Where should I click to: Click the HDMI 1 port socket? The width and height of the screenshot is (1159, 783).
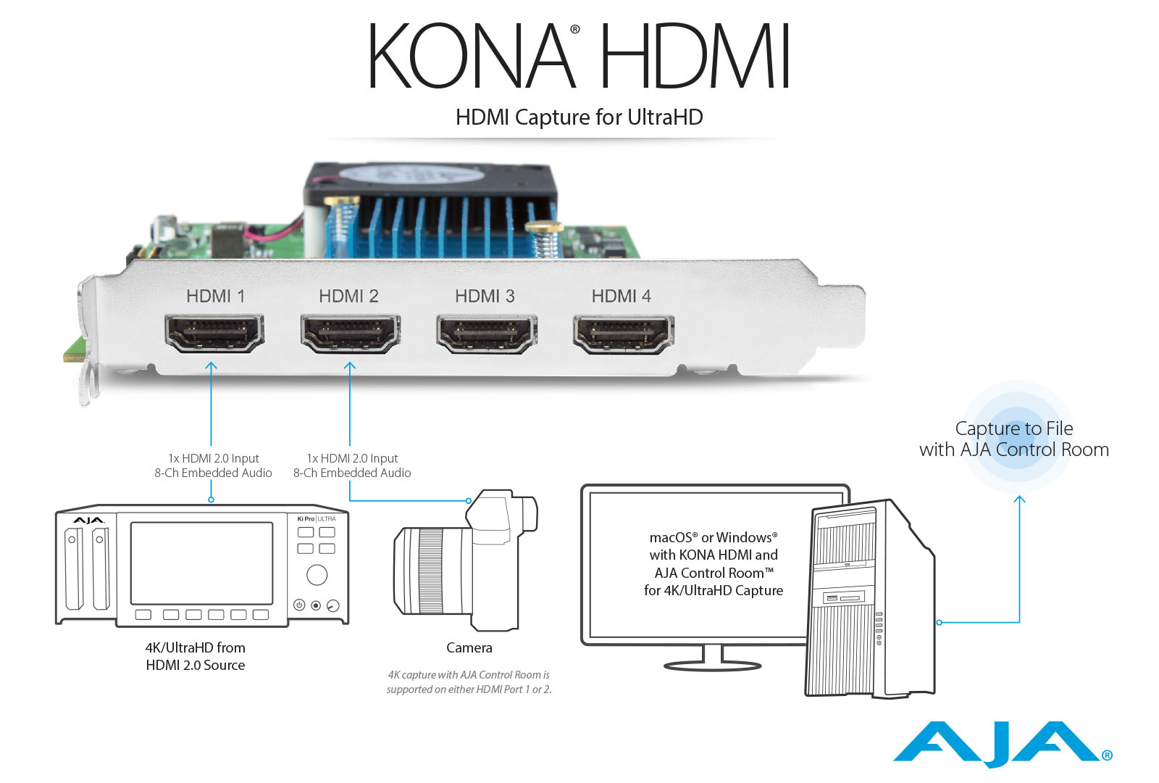point(214,333)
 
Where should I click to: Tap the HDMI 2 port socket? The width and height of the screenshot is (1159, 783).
point(351,333)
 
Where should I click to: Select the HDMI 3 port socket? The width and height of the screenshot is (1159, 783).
point(487,333)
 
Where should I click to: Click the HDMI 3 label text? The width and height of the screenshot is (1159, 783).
point(485,296)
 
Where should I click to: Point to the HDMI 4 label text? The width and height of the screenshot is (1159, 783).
point(621,296)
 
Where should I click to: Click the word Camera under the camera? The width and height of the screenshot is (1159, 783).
point(469,647)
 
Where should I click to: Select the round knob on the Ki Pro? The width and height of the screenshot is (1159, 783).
point(317,575)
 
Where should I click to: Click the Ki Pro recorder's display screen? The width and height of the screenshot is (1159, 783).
point(201,563)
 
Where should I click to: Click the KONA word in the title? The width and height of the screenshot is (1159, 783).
point(471,56)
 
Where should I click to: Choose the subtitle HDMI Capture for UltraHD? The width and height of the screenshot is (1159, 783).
point(579,117)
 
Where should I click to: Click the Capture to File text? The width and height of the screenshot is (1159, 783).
point(1013,428)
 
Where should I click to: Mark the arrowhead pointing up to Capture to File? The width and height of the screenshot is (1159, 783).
point(1019,500)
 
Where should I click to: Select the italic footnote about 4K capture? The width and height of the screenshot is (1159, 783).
point(469,682)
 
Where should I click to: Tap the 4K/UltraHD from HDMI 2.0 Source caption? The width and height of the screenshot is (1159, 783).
point(195,656)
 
